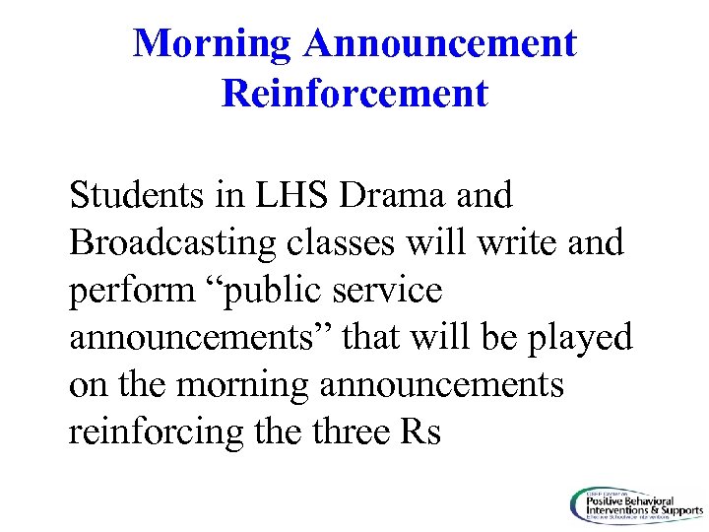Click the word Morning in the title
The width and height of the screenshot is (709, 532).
tap(212, 43)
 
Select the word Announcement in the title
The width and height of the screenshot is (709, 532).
tap(440, 43)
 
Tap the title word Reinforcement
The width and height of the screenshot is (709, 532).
tap(354, 94)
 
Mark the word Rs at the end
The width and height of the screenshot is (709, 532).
tap(420, 432)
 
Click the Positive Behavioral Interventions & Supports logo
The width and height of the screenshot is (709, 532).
tap(634, 505)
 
